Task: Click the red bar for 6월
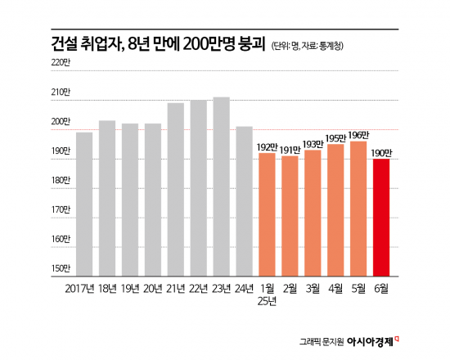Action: click(x=380, y=216)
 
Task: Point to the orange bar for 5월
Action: click(x=358, y=208)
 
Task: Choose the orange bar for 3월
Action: click(x=313, y=212)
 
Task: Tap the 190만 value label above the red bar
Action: click(x=381, y=152)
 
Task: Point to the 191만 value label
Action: click(x=290, y=149)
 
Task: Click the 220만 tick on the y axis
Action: click(x=61, y=63)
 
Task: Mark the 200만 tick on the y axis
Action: click(x=61, y=122)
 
